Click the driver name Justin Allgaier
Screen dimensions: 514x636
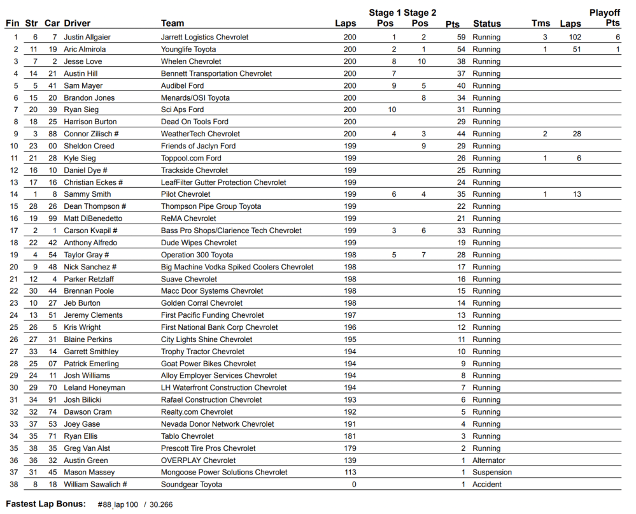click(x=87, y=38)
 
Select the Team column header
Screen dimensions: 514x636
click(x=173, y=24)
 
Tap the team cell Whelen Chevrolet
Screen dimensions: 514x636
click(x=191, y=62)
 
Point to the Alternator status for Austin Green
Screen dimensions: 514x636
click(x=489, y=460)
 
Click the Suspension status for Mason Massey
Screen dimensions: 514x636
click(x=491, y=473)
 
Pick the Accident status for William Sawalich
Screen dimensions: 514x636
click(x=487, y=485)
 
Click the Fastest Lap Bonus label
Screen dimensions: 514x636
click(x=45, y=504)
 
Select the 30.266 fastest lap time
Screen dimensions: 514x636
click(x=161, y=505)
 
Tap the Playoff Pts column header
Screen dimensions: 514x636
click(x=604, y=18)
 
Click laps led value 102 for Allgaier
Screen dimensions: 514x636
click(x=574, y=38)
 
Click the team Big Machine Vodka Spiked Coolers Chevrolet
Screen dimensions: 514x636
click(x=237, y=268)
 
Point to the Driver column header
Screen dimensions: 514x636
click(x=77, y=24)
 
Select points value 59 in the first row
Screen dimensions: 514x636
click(x=461, y=38)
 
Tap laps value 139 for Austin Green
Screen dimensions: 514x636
click(x=350, y=460)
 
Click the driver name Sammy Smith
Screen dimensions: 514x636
click(x=87, y=195)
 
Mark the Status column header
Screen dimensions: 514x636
click(x=486, y=24)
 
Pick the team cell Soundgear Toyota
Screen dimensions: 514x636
click(x=192, y=485)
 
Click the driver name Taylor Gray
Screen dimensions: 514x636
click(x=86, y=255)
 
